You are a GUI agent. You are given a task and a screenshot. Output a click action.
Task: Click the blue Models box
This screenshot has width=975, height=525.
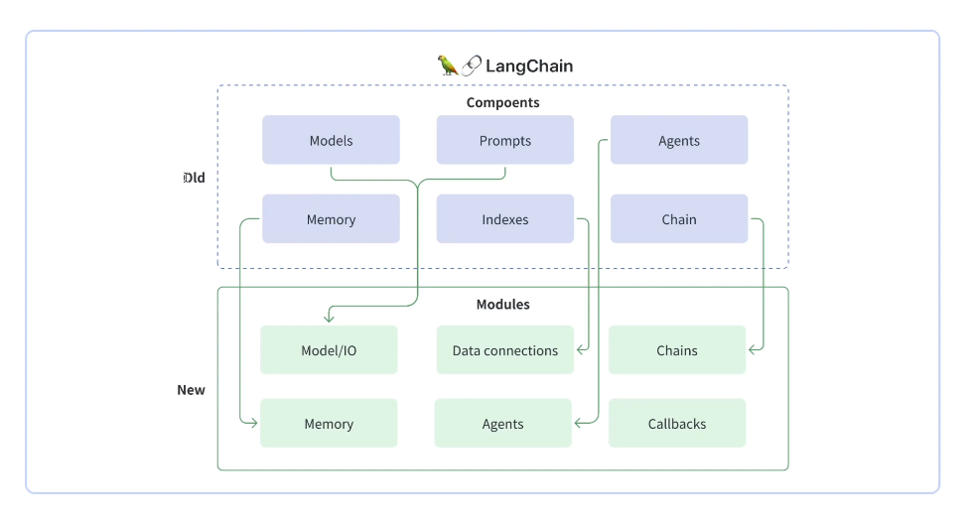coord(331,140)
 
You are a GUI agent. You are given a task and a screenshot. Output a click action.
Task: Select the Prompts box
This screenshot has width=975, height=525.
coord(504,140)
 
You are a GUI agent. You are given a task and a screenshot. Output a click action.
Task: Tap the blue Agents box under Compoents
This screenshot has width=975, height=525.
coord(678,140)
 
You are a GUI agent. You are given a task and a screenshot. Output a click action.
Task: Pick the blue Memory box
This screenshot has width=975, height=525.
coord(331,219)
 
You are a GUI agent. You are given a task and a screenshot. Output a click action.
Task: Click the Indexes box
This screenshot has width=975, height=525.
coord(504,219)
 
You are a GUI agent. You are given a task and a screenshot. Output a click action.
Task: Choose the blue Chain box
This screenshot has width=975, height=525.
coord(678,219)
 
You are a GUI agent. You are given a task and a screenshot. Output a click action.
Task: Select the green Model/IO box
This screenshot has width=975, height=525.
coord(329,350)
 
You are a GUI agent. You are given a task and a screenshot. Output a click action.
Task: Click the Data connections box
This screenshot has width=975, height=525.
coord(504,350)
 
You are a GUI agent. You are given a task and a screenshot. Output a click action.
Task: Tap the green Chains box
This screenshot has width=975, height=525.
coord(676,350)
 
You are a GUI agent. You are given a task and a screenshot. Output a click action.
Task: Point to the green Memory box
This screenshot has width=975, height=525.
coord(329,424)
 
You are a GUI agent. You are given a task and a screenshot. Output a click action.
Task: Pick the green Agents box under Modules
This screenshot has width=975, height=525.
coord(502,424)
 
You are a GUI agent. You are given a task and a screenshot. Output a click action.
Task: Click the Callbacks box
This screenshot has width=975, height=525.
coord(676,424)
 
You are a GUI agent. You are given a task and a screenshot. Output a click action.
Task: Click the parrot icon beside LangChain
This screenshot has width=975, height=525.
coord(448,66)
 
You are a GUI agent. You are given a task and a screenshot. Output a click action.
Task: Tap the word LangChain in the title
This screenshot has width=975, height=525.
coord(528,66)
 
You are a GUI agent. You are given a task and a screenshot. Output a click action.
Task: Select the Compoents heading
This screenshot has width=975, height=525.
coord(502,102)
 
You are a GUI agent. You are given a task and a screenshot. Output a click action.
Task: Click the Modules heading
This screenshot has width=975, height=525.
coord(502,305)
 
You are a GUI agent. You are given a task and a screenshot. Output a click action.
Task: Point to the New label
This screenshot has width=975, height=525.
coord(191,390)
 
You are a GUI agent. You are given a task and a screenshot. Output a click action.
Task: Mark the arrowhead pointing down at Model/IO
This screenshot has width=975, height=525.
coord(329,318)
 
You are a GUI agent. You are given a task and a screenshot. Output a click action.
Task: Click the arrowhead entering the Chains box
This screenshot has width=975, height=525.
coord(754,349)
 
